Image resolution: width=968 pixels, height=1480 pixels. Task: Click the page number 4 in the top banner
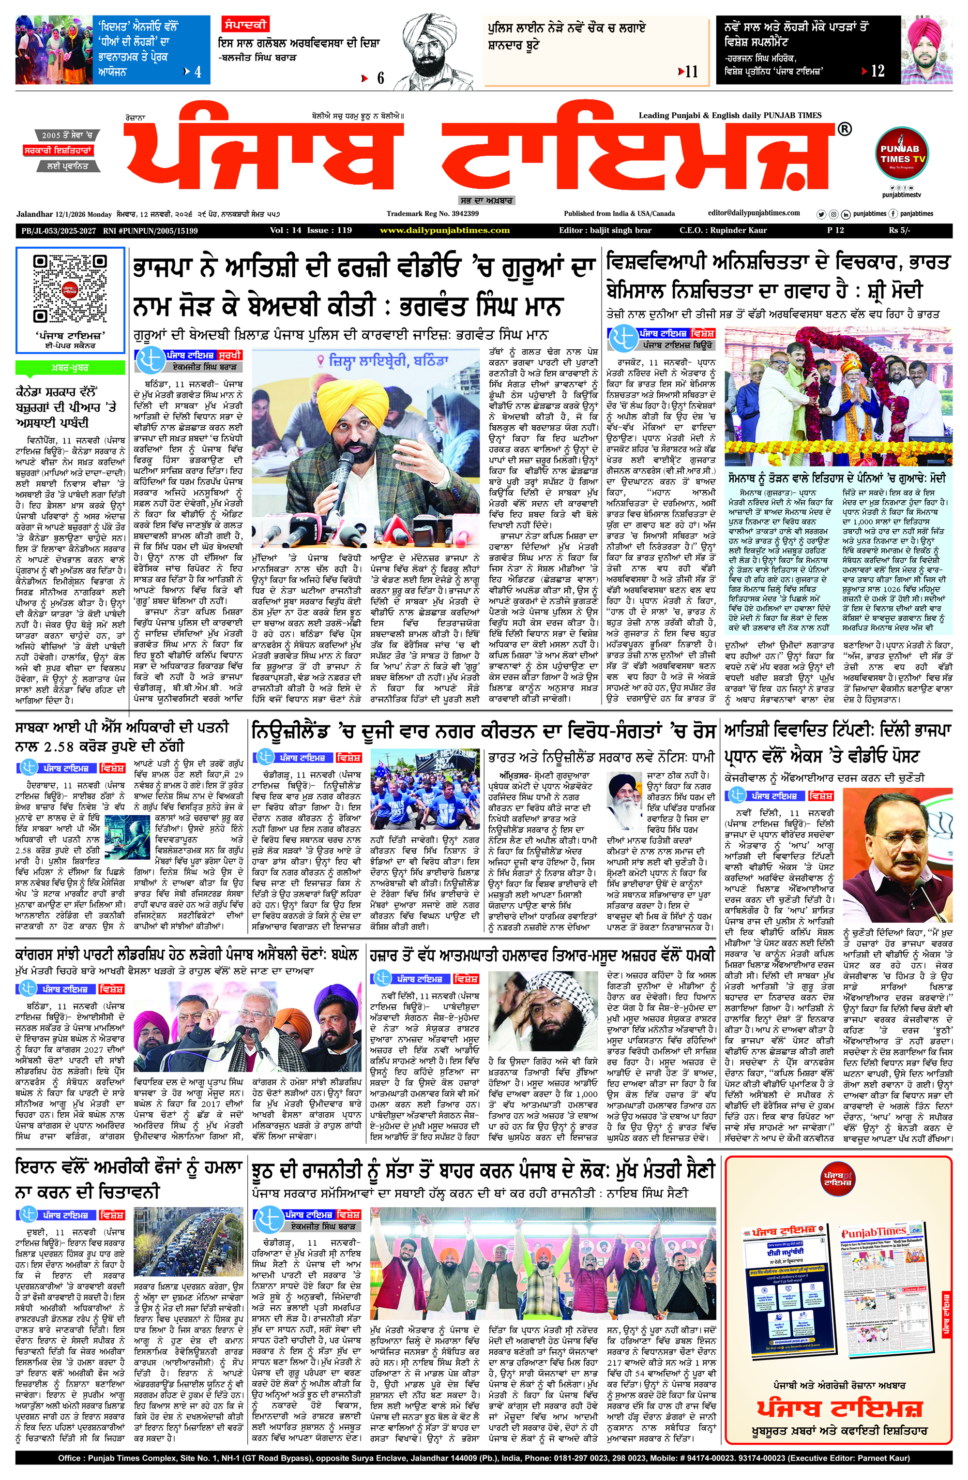coord(198,72)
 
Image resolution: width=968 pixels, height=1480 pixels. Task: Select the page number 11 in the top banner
coord(691,72)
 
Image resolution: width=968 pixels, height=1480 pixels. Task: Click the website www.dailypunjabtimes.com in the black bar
coord(445,231)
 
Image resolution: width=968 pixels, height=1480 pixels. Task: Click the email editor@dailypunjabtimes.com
coord(754,213)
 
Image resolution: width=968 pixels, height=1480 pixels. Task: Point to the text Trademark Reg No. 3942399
coord(432,213)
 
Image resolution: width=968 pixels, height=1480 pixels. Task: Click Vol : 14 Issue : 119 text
coord(311,231)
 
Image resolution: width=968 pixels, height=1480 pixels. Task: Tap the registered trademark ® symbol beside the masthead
coord(844,129)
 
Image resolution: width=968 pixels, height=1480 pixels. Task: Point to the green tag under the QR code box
coord(70,368)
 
